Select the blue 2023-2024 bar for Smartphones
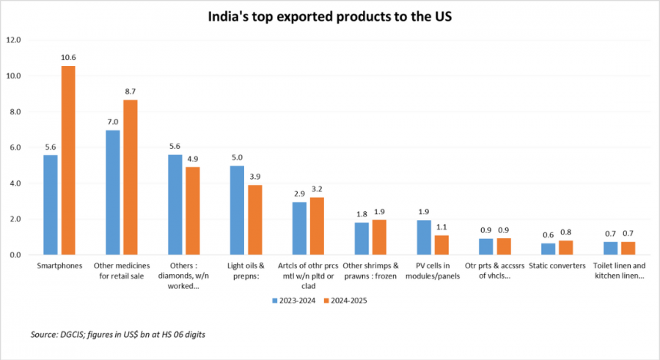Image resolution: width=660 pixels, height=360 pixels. point(50,205)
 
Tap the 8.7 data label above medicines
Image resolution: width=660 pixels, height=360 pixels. point(130,91)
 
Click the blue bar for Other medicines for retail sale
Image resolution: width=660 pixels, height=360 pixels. point(112,192)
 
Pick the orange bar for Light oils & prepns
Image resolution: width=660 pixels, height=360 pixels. point(255,219)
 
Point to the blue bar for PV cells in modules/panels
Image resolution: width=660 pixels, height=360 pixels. point(424,237)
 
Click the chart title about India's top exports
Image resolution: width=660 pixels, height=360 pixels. point(329,17)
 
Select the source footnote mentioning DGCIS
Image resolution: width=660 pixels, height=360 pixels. point(117,334)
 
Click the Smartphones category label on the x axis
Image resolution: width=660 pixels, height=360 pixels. point(59,265)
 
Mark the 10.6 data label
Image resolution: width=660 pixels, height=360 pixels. point(67,57)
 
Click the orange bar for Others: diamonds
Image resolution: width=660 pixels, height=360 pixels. point(192,210)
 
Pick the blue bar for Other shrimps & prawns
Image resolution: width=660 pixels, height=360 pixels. point(362,238)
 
